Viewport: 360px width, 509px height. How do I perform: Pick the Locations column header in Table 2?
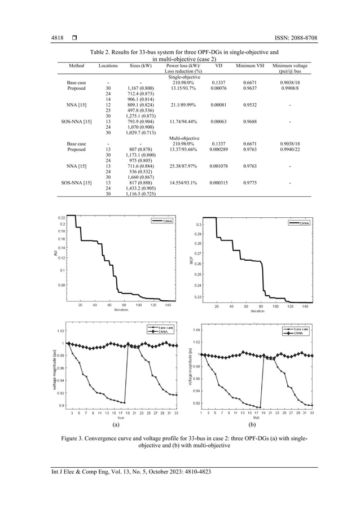coord(108,65)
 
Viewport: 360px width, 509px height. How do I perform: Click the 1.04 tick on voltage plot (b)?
coord(195,330)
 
